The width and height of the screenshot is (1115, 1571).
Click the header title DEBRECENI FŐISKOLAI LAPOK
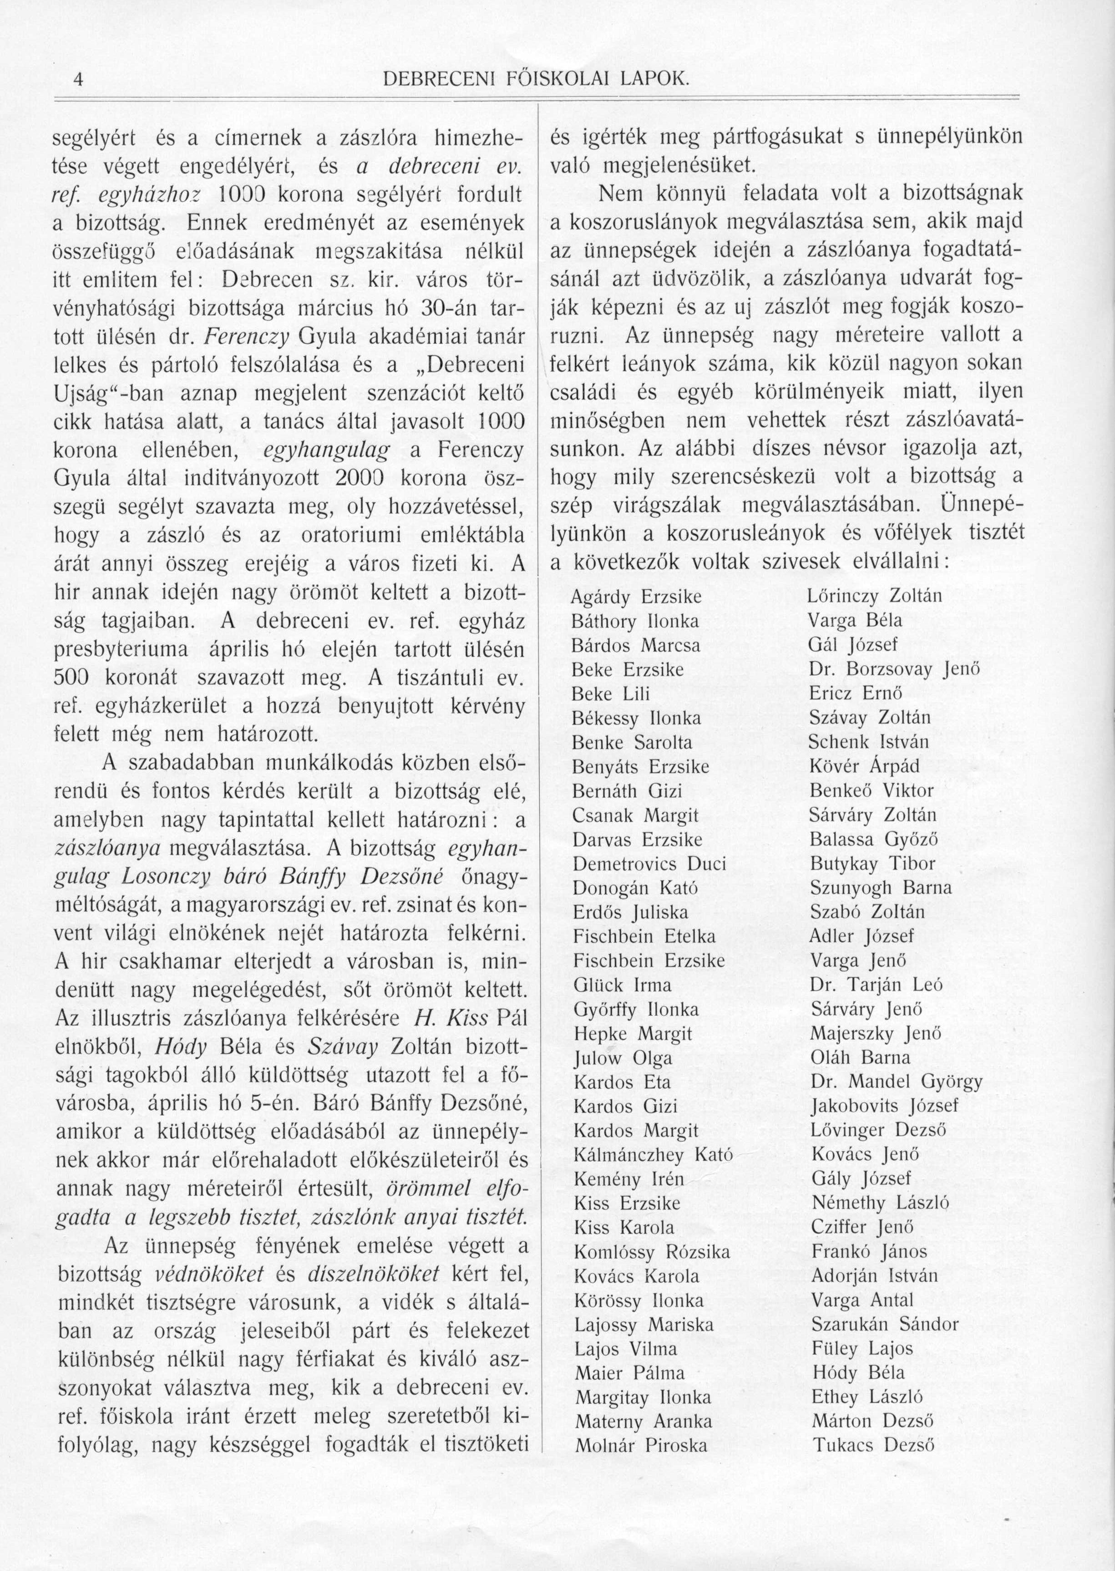(534, 80)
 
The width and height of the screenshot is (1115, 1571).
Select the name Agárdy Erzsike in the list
(636, 597)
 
